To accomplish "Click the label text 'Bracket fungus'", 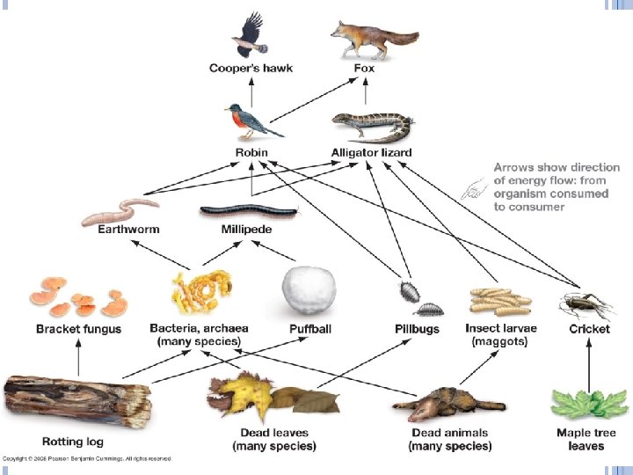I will click(78, 329).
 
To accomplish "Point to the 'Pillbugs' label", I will click(417, 329).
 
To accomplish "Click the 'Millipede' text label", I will click(247, 229).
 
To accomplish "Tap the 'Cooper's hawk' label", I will click(251, 68).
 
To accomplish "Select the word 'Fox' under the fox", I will click(364, 68).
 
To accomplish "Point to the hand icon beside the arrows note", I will click(475, 187).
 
